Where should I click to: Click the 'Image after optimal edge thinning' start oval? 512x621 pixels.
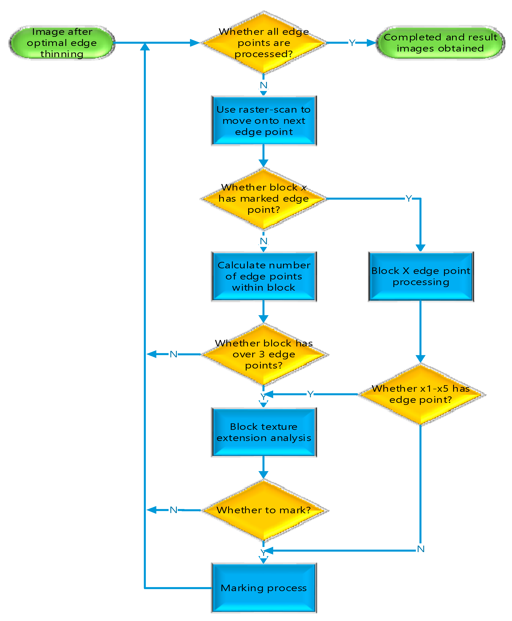(x=62, y=43)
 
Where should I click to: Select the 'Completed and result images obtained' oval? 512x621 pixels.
(x=440, y=43)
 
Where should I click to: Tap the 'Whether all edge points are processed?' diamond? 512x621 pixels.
(x=264, y=43)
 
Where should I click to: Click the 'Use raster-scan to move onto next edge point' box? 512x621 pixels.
(x=264, y=121)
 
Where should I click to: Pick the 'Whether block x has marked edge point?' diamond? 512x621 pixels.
(x=264, y=199)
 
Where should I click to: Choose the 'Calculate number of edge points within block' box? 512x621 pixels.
(x=264, y=276)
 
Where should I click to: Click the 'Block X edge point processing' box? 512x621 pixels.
(x=421, y=276)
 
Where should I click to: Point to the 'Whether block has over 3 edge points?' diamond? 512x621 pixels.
(x=264, y=354)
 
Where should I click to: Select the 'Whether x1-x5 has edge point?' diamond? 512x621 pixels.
(x=421, y=394)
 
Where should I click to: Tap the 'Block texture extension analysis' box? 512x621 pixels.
(x=264, y=432)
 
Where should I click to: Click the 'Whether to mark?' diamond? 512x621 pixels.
(x=264, y=510)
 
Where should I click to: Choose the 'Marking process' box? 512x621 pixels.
(x=264, y=588)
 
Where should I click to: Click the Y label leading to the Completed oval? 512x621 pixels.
(x=352, y=43)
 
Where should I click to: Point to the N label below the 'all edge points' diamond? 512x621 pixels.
(x=264, y=85)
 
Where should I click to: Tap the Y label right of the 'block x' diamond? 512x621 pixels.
(x=409, y=198)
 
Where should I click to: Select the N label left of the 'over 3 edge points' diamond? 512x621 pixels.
(x=173, y=354)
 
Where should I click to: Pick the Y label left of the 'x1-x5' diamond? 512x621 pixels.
(x=310, y=394)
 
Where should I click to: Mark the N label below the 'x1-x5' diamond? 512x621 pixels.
(x=421, y=549)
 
